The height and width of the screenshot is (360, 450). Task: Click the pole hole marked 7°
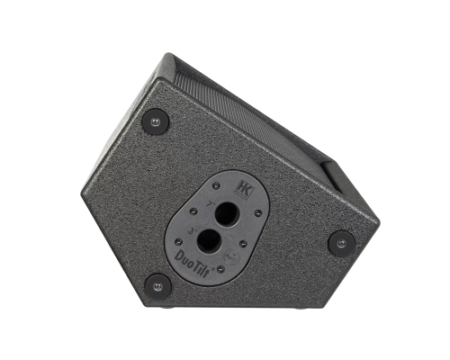point(227,214)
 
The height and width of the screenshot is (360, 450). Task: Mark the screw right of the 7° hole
point(258,213)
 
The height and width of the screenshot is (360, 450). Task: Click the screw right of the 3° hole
point(244,240)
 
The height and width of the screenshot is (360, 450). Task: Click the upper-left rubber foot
point(155,121)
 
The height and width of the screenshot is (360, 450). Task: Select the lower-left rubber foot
point(158,285)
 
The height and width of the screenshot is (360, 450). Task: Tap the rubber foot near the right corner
point(341,241)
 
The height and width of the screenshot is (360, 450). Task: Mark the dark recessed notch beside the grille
point(328,180)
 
